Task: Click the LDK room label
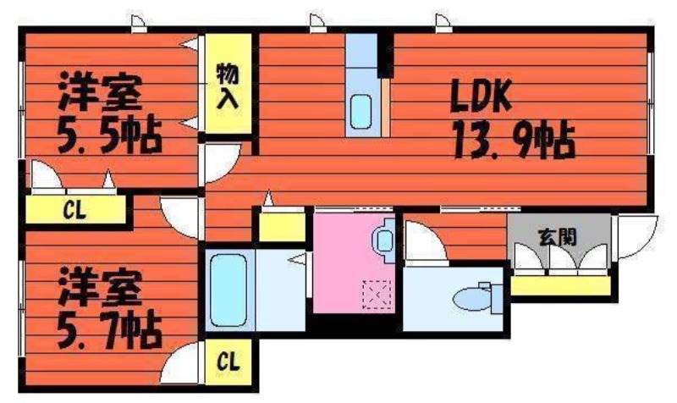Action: pos(481,96)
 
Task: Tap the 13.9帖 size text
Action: pos(514,141)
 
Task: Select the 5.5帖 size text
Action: pos(110,135)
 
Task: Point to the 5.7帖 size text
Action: pos(110,331)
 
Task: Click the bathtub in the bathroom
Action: pos(228,290)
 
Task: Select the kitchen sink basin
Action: pos(361,112)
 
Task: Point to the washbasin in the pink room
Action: pos(383,240)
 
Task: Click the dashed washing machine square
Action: pos(377,295)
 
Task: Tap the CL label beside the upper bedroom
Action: pos(74,210)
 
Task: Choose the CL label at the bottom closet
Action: pos(228,362)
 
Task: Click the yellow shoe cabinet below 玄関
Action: pos(560,286)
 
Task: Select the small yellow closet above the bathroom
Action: pos(282,227)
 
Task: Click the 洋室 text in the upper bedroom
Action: pos(100,91)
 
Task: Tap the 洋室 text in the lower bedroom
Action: pos(100,287)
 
